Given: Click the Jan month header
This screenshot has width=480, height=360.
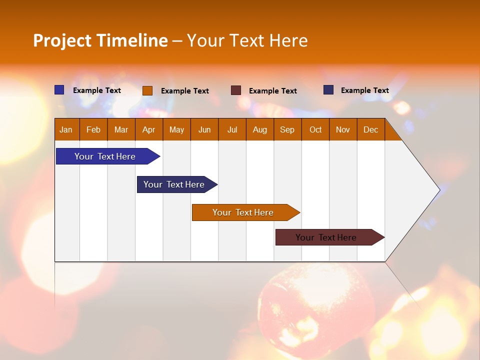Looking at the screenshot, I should [66, 129].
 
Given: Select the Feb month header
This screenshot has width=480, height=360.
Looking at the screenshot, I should [93, 129].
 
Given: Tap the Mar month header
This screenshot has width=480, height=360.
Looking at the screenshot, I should [121, 129].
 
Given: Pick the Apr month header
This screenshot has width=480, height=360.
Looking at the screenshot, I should [149, 129].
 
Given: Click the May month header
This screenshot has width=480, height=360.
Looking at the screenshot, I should [176, 129].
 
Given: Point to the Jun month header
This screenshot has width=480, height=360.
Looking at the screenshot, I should [204, 129].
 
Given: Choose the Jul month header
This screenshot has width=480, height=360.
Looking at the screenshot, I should [232, 129].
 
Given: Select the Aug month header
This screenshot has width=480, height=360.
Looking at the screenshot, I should [260, 129].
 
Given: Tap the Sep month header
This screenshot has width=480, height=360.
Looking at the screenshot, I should [287, 129].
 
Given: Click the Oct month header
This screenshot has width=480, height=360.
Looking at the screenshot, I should [315, 129].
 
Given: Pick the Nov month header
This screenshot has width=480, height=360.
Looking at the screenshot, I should [343, 129].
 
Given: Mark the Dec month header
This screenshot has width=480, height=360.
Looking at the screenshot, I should [370, 129].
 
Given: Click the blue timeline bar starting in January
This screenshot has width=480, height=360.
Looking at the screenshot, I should [105, 156].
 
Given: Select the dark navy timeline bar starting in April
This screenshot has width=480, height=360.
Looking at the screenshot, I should [174, 184].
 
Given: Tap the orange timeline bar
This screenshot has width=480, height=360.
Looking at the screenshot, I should [243, 212].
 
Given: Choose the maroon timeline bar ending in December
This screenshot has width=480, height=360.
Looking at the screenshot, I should [326, 237].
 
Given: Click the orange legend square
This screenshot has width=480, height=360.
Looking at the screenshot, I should [147, 90].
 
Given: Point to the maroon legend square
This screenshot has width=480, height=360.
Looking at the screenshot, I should [236, 90].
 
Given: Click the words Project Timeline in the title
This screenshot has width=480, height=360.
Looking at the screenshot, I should [100, 40].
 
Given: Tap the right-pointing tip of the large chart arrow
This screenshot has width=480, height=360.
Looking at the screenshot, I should [438, 189].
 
